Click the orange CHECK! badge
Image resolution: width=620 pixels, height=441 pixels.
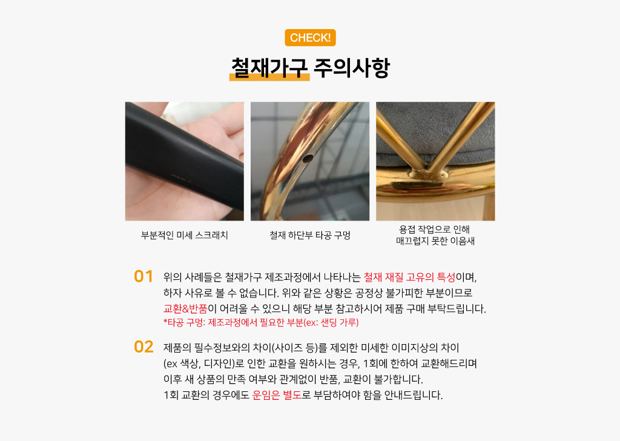click(310, 38)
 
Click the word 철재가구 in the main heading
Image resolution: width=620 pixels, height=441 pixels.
click(269, 68)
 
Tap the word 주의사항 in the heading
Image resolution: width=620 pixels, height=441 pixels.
click(352, 68)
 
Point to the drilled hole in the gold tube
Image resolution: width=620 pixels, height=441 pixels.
click(307, 159)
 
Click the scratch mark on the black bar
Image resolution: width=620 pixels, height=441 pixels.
click(182, 177)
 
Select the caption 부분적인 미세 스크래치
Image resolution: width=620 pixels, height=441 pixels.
click(184, 235)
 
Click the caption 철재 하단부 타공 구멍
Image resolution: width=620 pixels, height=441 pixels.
click(310, 235)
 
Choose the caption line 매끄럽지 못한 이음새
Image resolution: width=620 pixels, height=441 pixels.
click(435, 241)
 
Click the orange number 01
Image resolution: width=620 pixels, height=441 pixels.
click(143, 276)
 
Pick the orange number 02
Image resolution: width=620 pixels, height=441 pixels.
click(143, 347)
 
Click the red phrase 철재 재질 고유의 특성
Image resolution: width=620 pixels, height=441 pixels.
click(410, 277)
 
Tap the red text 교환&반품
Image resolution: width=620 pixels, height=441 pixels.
click(185, 308)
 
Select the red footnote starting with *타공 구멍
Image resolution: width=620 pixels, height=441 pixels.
click(261, 323)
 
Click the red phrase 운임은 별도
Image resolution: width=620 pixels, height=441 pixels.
click(277, 395)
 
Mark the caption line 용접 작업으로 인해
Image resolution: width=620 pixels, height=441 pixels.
click(434, 230)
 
